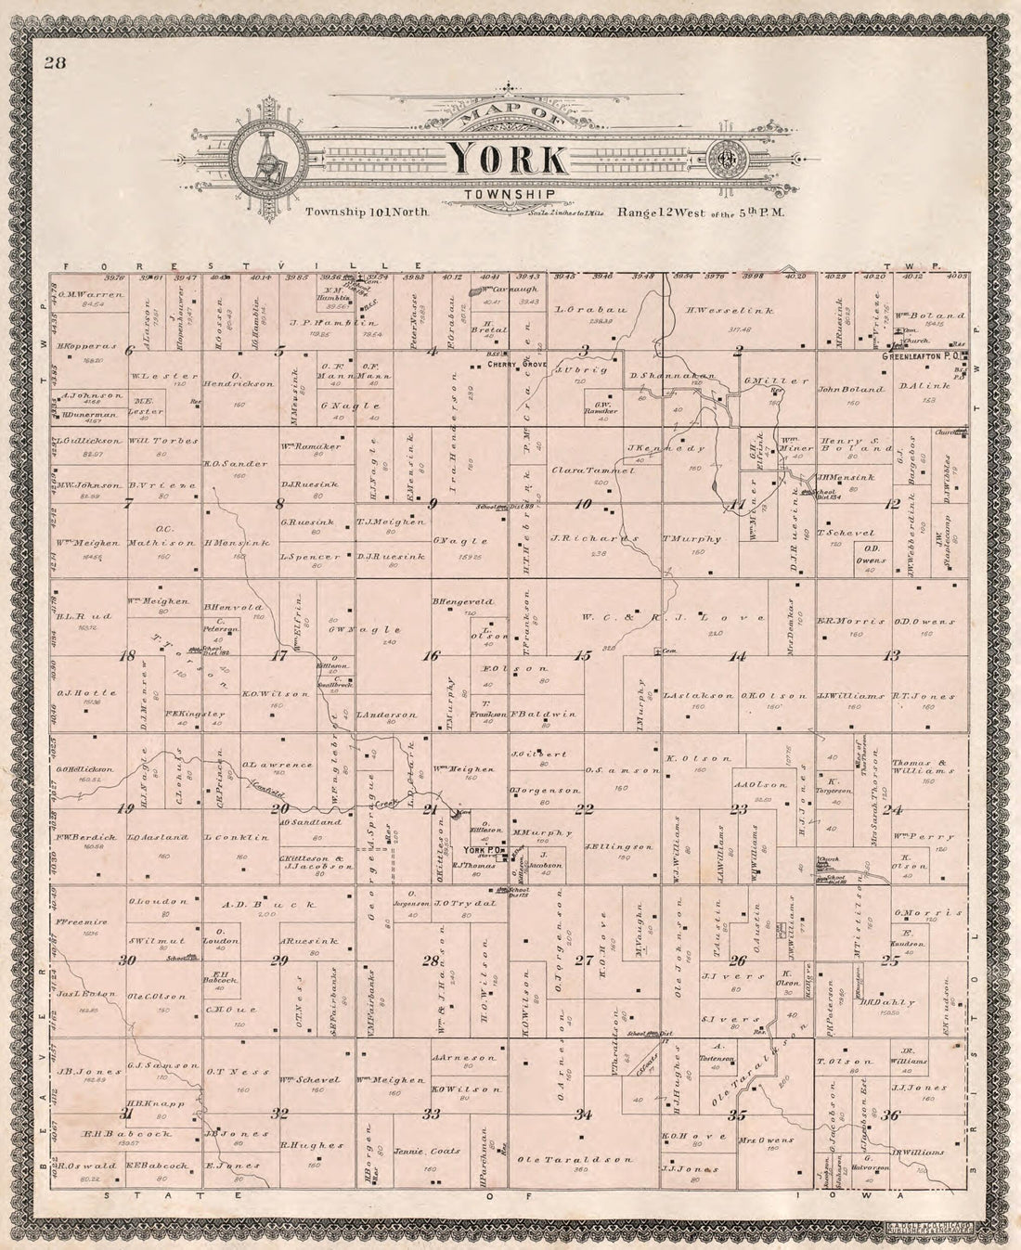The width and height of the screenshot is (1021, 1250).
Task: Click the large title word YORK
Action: click(508, 160)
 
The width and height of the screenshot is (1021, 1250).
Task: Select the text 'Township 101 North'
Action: click(365, 213)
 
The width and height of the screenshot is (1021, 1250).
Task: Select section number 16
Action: click(431, 656)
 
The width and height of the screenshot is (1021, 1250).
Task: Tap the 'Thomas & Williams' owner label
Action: click(924, 766)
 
